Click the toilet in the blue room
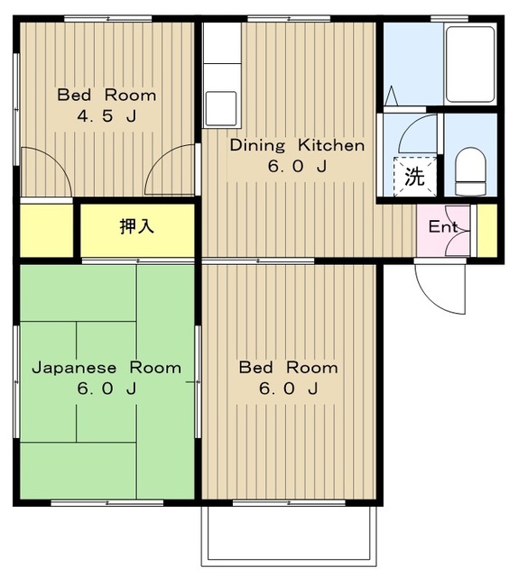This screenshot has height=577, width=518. point(470,171)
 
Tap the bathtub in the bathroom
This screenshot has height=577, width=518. point(470,65)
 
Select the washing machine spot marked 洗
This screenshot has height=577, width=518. point(415,177)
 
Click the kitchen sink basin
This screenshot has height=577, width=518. point(221,108)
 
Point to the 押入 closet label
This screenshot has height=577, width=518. point(136,226)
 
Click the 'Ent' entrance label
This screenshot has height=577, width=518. point(443,226)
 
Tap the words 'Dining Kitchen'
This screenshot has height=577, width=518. point(297,145)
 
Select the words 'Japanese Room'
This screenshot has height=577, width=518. point(106,368)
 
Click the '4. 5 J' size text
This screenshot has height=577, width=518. point(106,116)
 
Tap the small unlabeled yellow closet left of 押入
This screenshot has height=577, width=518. point(46,231)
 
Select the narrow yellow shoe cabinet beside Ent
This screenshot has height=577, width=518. point(487,231)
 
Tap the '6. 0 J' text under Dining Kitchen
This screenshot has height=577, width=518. point(297,167)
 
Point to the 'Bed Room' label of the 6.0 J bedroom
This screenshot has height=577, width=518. point(289,368)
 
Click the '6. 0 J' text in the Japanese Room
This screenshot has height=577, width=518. point(106,389)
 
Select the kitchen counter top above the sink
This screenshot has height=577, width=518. point(223,77)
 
